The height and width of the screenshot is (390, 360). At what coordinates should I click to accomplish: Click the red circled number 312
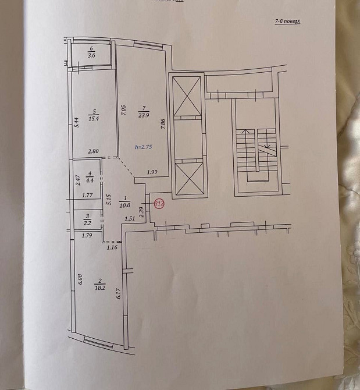(x=159, y=204)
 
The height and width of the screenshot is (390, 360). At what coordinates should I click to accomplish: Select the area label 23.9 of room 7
(x=144, y=114)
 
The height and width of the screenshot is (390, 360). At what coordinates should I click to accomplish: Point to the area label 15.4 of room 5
(x=93, y=118)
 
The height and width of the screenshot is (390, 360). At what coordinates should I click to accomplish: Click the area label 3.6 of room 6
(x=91, y=56)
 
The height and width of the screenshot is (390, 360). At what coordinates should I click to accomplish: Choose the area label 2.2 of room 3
(x=88, y=223)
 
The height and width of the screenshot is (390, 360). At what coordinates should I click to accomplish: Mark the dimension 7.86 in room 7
(x=164, y=125)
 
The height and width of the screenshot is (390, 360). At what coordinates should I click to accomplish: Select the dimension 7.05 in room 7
(x=123, y=110)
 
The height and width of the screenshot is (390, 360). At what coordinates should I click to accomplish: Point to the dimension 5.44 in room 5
(x=76, y=123)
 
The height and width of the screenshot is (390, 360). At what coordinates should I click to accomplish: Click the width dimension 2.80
(x=93, y=152)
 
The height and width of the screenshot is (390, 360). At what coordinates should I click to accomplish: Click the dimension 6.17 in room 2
(x=117, y=295)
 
